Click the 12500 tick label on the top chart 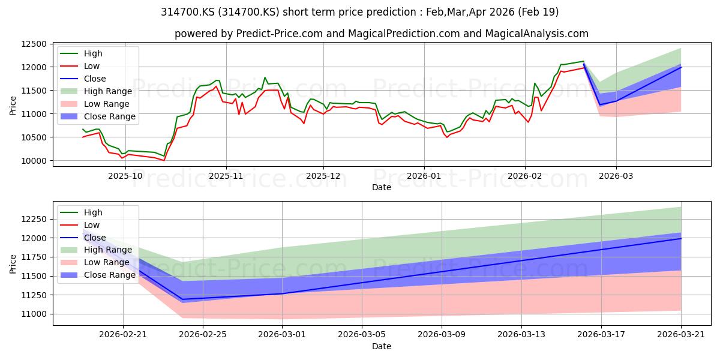[34, 44]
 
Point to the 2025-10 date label [125, 176]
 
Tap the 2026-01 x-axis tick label [424, 176]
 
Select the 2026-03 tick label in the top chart [616, 176]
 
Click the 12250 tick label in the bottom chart [34, 219]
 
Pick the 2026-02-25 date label [203, 335]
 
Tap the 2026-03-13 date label [521, 335]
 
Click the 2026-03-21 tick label [681, 335]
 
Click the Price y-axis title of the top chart [13, 106]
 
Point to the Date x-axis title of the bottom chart [382, 346]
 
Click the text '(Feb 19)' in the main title [538, 12]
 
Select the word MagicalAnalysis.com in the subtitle [537, 34]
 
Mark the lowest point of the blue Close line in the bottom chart [182, 299]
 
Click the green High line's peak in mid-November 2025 [265, 77]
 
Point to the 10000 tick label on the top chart [34, 161]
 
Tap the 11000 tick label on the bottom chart [34, 314]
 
